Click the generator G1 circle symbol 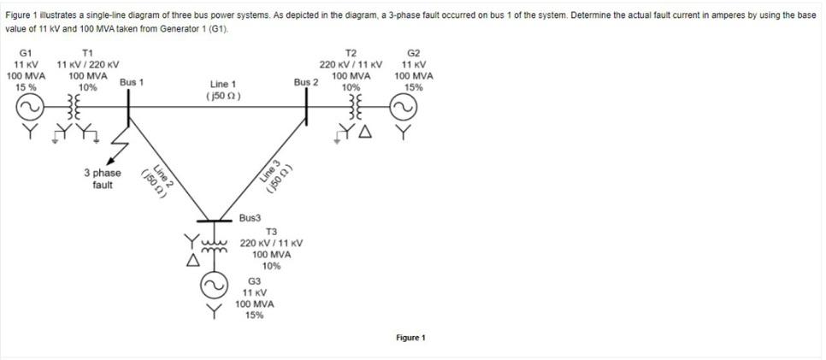(x=26, y=107)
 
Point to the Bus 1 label (x=131, y=82)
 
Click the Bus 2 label (x=306, y=82)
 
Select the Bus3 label (x=251, y=218)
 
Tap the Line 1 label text (x=222, y=85)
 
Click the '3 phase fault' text (x=102, y=179)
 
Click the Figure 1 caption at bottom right (x=410, y=338)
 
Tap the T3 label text (x=272, y=232)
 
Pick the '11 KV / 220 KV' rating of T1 (x=87, y=65)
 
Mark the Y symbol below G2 (x=403, y=133)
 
